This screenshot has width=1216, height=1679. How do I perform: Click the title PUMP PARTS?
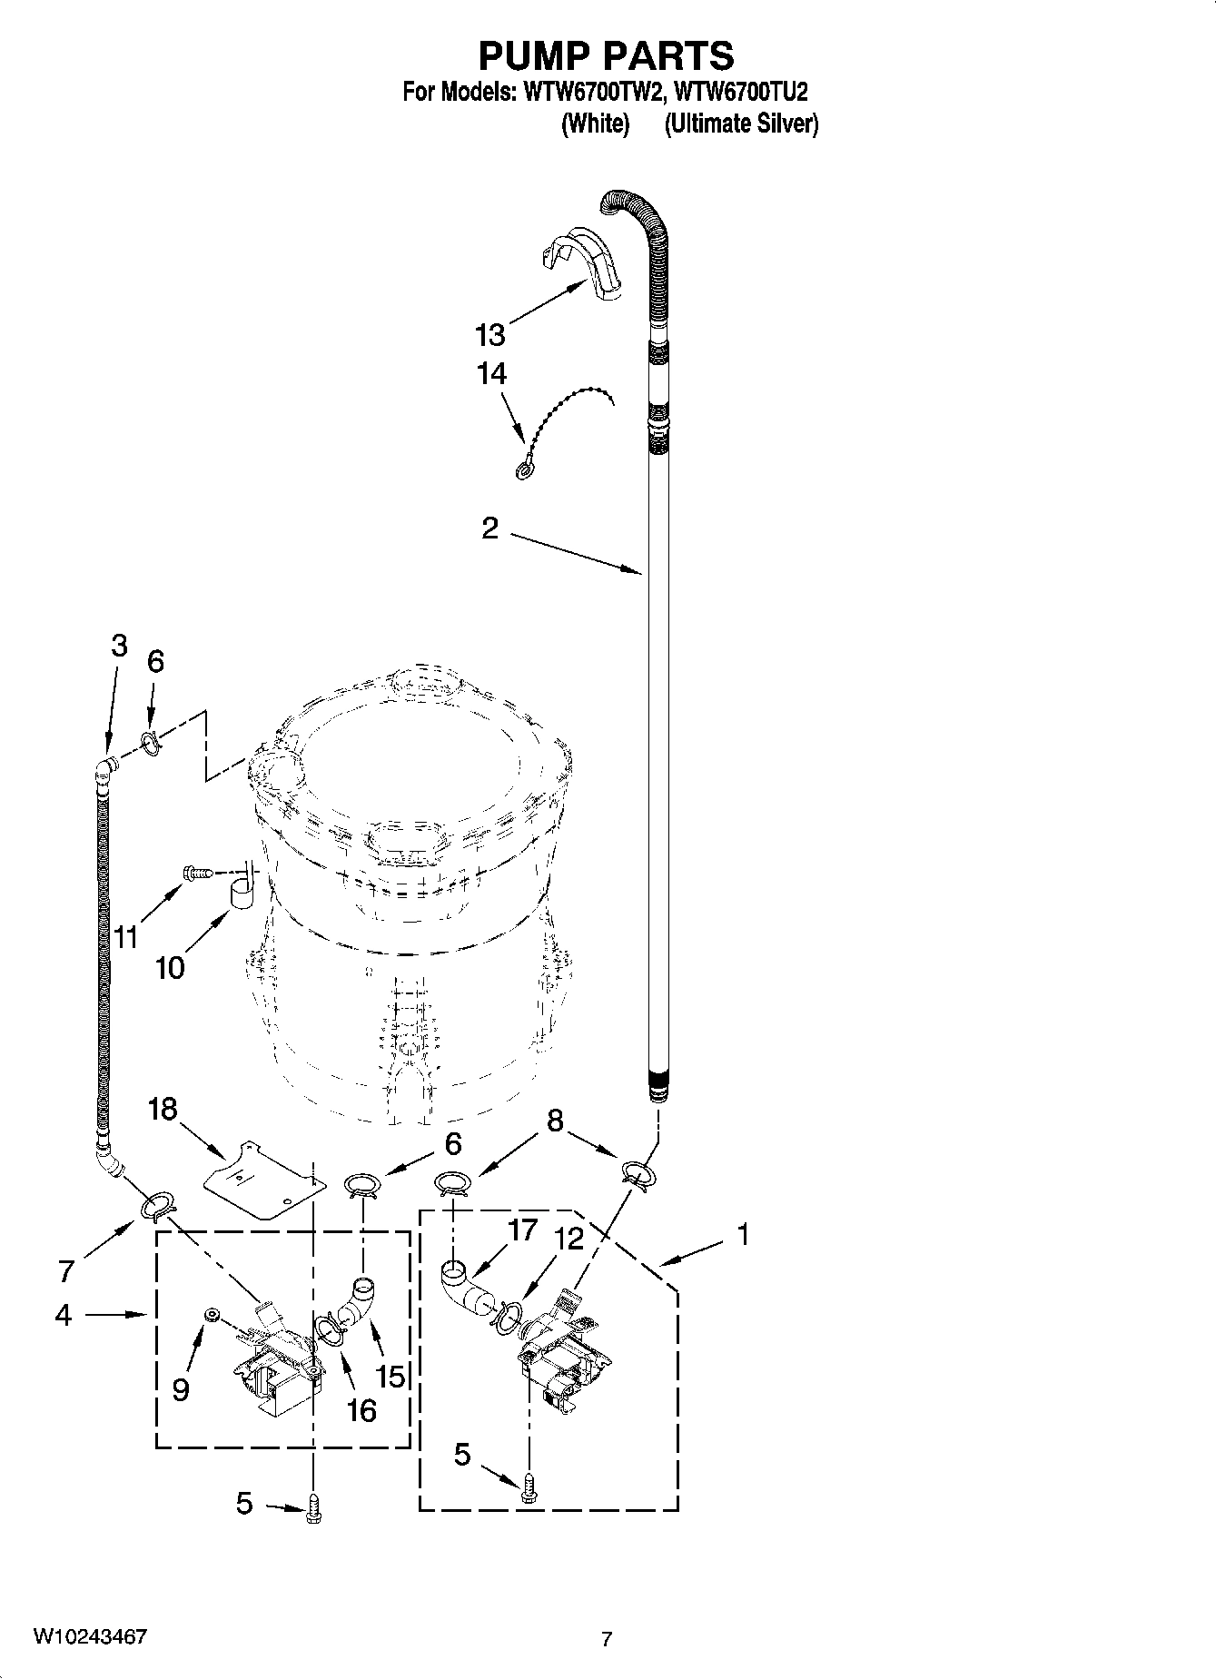[x=606, y=56]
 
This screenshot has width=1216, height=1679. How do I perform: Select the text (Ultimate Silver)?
[x=741, y=124]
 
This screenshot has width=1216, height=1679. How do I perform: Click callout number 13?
[x=489, y=335]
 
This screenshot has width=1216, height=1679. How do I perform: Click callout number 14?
[x=491, y=373]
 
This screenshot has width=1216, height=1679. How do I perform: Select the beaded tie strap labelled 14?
[x=563, y=428]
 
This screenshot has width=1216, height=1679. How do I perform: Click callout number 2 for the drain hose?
[x=489, y=528]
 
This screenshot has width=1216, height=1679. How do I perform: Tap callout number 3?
[x=119, y=646]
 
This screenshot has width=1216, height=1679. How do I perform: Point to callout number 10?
[x=170, y=968]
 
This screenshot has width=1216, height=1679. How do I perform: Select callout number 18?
[x=163, y=1109]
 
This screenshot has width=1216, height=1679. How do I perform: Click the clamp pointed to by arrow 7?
[x=156, y=1207]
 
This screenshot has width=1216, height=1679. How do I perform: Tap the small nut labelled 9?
[x=210, y=1313]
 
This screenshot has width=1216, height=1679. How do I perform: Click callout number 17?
[x=523, y=1230]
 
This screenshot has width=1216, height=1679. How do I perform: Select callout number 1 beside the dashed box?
[x=743, y=1234]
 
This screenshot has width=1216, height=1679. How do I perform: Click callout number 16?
[x=361, y=1409]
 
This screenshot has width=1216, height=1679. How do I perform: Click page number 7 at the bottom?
[x=607, y=1639]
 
